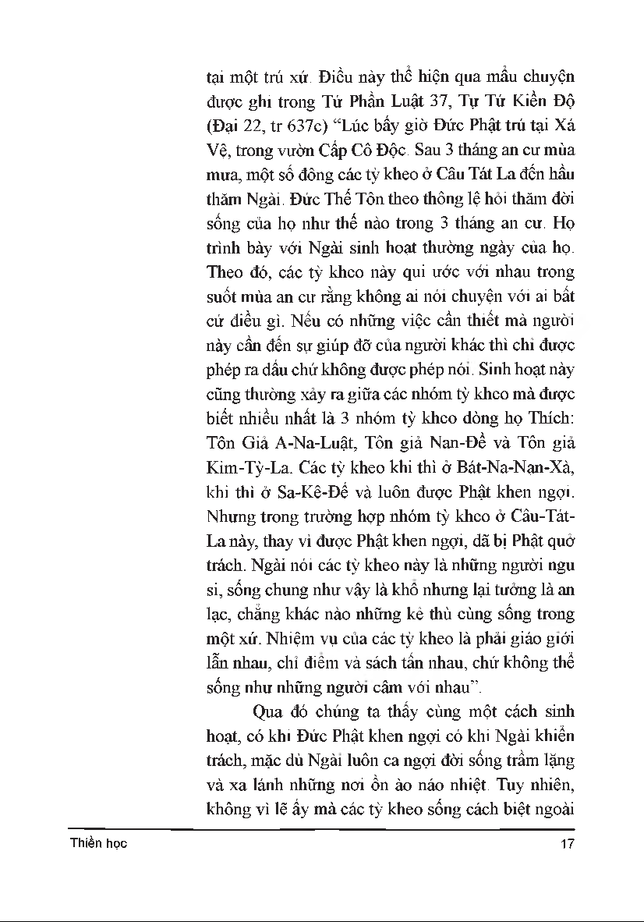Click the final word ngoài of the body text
point(555,809)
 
